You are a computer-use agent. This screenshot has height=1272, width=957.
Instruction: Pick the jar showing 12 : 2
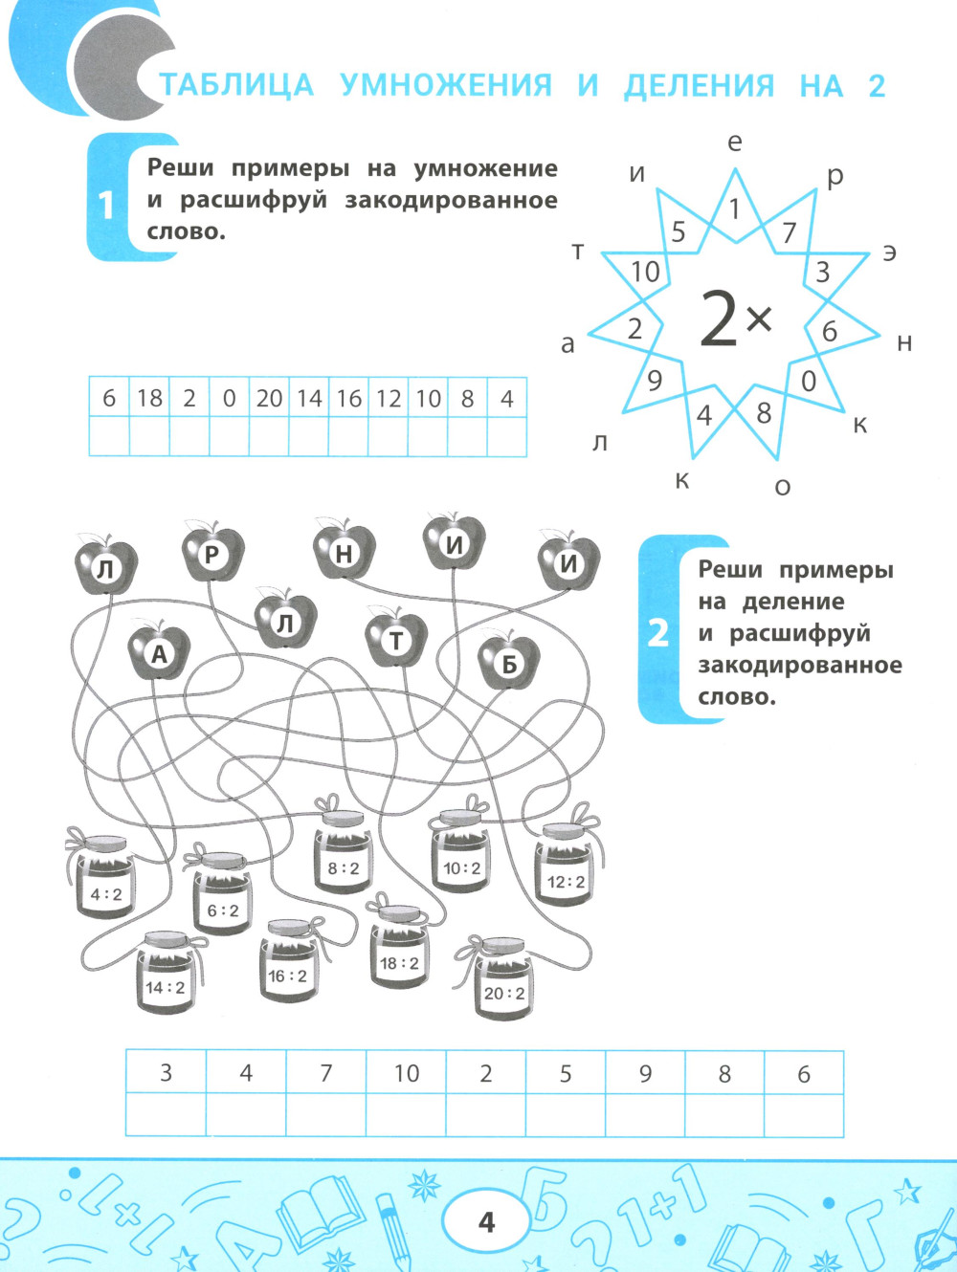(566, 870)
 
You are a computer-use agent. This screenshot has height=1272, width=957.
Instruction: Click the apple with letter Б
(508, 662)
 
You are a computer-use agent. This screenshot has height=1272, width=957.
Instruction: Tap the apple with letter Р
(212, 553)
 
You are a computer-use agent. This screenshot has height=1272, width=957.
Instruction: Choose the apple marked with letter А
(159, 653)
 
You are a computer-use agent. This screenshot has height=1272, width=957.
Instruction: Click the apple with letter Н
(344, 552)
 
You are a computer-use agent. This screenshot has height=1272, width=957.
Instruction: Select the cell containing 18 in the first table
(149, 398)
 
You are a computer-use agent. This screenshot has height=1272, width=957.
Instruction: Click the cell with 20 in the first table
(269, 398)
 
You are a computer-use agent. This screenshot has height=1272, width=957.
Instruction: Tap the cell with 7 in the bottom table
(325, 1073)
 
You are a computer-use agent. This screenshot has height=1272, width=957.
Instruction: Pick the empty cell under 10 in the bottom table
(406, 1115)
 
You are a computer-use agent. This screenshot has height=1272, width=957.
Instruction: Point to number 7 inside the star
(789, 232)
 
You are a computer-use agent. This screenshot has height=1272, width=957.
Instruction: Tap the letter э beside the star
(889, 253)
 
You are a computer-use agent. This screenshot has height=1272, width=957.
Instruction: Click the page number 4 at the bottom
(486, 1222)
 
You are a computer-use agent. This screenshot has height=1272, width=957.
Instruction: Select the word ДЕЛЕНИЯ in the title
(699, 86)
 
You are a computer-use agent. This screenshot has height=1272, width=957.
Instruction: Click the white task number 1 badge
(106, 204)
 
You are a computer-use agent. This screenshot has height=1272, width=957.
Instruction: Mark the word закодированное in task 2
(799, 665)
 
